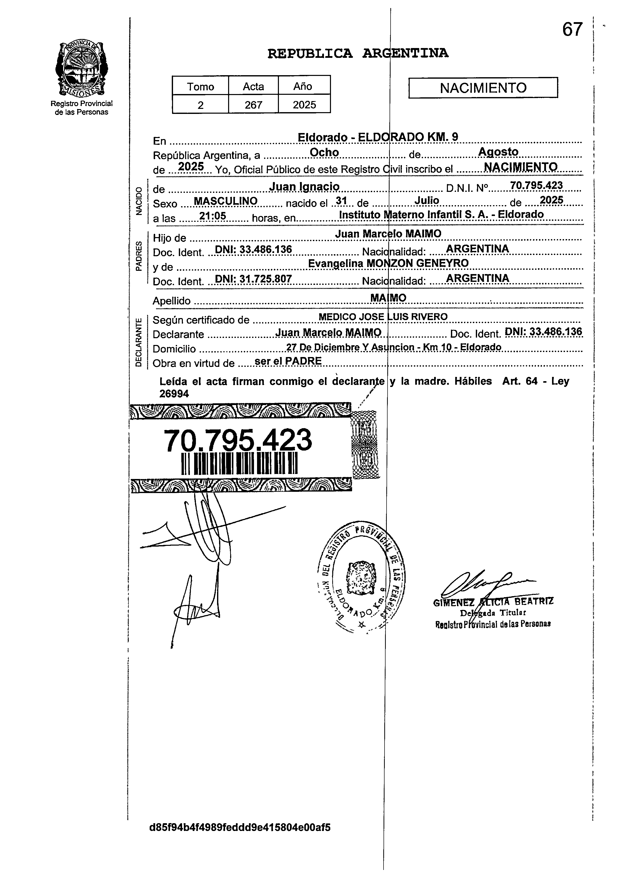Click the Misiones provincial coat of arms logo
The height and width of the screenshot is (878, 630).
pos(81,69)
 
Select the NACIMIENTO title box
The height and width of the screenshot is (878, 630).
pos(483,88)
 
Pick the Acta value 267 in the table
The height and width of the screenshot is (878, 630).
pos(253,105)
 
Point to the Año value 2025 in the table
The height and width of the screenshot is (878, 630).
pos(304,105)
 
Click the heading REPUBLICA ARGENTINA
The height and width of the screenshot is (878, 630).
pos(358,53)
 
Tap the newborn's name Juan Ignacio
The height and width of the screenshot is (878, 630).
pos(304,187)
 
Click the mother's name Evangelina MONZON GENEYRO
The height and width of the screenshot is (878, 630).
pos(388,263)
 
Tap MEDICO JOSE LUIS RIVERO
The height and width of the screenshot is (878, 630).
pos(383,317)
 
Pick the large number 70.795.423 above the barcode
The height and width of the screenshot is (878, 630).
pos(237,440)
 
